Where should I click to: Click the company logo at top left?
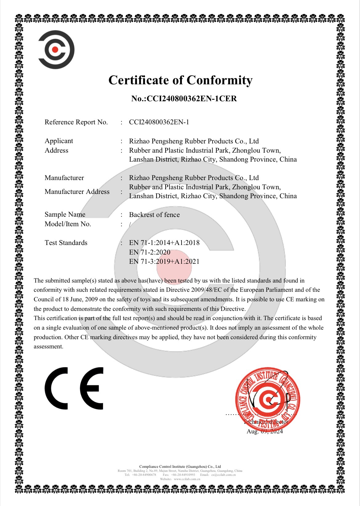tap(56, 50)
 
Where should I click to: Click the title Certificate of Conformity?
tap(180, 80)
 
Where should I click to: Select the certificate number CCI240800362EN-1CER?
tap(192, 99)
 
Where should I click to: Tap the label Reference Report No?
tap(76, 122)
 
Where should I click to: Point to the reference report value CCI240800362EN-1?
tap(159, 122)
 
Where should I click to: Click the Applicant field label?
tap(59, 141)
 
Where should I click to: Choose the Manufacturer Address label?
tap(77, 192)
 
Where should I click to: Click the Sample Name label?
tap(65, 215)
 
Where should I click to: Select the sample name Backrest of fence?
tap(154, 215)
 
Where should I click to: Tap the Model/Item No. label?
tap(68, 224)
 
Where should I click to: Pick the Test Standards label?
tap(66, 243)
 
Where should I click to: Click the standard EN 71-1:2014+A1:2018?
tap(164, 243)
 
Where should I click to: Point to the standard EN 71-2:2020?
tap(150, 252)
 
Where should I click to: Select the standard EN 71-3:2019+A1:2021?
tap(164, 262)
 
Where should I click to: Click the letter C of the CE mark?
tap(57, 388)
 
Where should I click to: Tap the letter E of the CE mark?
tap(92, 388)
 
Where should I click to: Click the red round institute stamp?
tap(267, 399)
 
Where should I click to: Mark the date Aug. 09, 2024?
tap(265, 432)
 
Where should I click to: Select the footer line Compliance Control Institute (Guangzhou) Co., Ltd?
tap(180, 467)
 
